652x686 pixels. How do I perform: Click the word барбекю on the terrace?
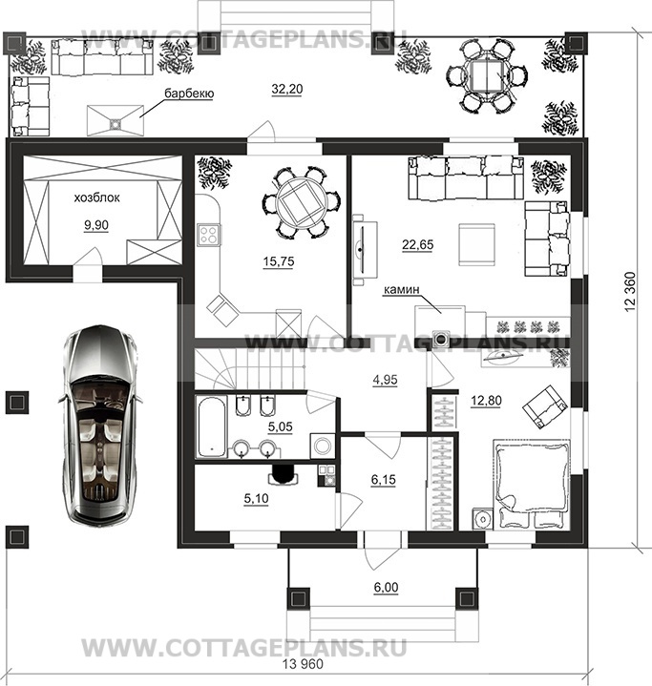[x=189, y=94]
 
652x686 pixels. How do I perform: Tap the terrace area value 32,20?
[x=287, y=89]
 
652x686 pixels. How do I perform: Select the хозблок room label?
[x=96, y=197]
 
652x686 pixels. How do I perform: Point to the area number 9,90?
[x=96, y=225]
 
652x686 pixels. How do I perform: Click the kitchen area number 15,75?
[x=279, y=261]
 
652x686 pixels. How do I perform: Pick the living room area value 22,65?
[x=418, y=244]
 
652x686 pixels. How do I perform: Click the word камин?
[x=402, y=290]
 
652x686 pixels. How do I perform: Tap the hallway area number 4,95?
[x=386, y=380]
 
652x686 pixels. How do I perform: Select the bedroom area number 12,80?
[x=486, y=401]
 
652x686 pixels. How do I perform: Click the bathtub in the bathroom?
[x=212, y=426]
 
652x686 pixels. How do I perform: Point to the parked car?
[x=100, y=424]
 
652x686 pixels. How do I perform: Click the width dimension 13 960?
[x=303, y=664]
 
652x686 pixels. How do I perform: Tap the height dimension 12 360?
[x=630, y=292]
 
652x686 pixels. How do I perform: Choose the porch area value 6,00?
[x=386, y=587]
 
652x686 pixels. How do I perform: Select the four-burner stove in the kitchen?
[x=209, y=235]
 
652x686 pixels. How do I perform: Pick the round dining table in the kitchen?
[x=303, y=201]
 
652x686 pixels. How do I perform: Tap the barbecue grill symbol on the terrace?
[x=116, y=121]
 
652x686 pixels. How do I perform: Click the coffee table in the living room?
[x=477, y=244]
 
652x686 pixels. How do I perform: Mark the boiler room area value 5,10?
[x=256, y=498]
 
